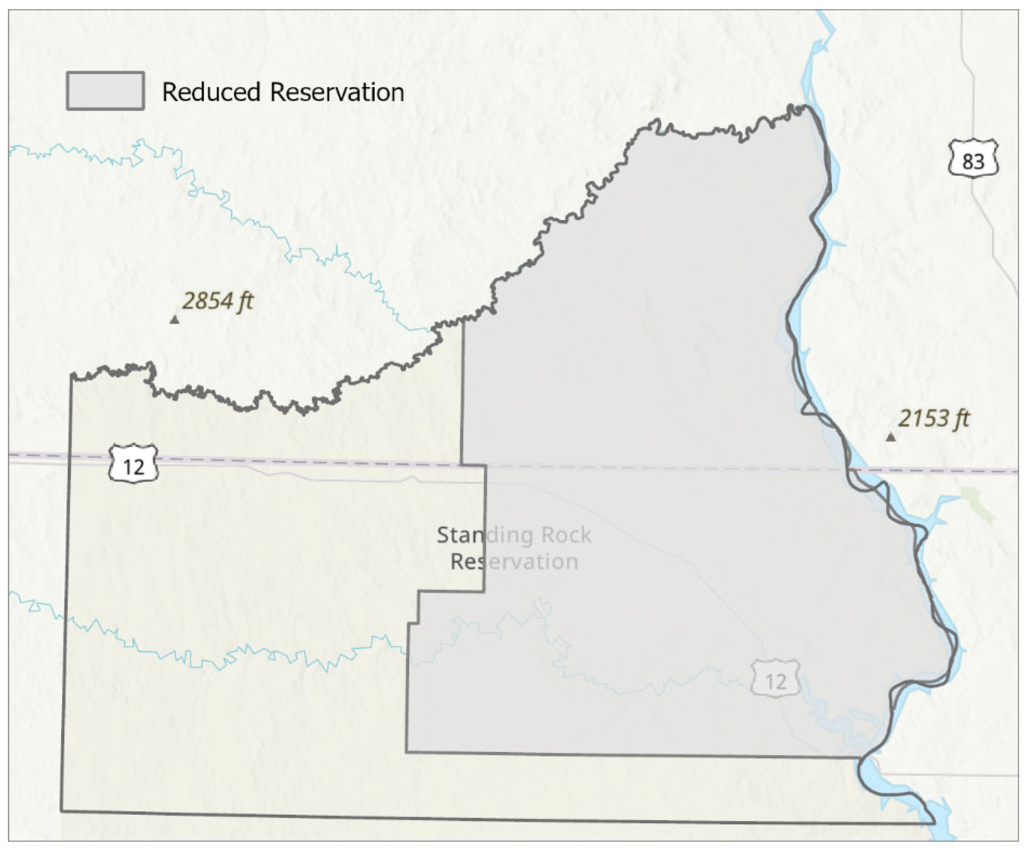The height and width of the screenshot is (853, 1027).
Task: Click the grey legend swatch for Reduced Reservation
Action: (105, 91)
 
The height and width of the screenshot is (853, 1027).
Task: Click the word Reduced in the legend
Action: (211, 92)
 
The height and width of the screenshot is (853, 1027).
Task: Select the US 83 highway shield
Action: (973, 159)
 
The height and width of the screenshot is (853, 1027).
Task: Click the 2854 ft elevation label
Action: (217, 301)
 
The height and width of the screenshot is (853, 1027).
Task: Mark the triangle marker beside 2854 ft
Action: (174, 320)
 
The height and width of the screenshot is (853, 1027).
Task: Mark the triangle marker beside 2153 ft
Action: (891, 437)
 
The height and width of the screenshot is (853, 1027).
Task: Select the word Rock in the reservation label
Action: (566, 535)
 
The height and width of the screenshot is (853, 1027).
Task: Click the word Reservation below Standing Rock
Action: (514, 561)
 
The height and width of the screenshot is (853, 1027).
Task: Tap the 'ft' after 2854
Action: (245, 301)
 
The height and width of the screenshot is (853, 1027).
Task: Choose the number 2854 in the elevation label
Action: (207, 301)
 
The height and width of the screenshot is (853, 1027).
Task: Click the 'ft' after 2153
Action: (961, 419)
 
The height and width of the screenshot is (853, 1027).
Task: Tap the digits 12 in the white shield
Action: (133, 467)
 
